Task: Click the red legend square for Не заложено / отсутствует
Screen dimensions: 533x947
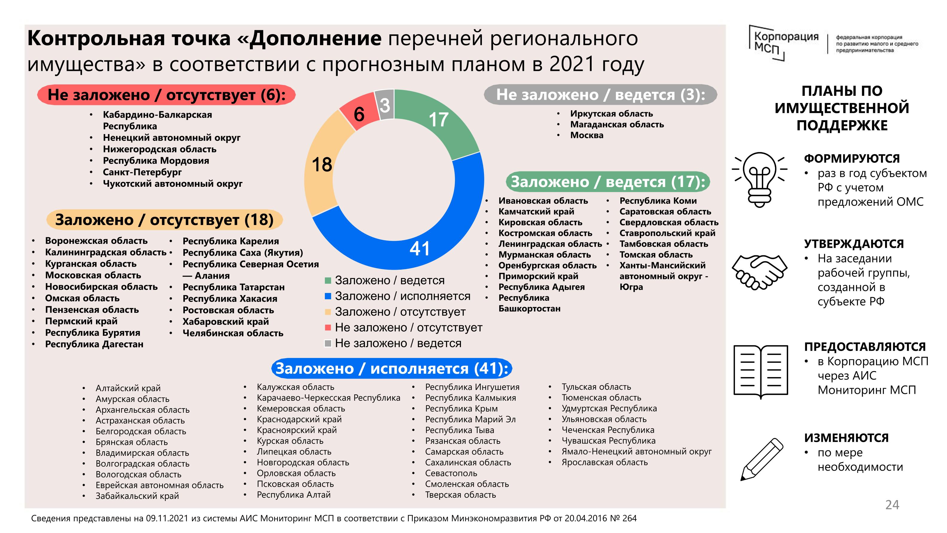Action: tap(328, 327)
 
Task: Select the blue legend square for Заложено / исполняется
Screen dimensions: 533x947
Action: tap(328, 296)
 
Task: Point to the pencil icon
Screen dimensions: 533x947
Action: tap(761, 459)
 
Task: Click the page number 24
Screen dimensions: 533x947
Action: tap(892, 505)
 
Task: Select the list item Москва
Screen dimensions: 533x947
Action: tap(587, 135)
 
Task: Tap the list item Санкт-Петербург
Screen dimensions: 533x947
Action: tap(142, 172)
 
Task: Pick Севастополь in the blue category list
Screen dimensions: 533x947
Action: tap(451, 473)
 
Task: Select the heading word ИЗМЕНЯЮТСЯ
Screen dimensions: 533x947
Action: tap(846, 438)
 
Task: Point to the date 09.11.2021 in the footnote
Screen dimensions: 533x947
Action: tap(167, 519)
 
